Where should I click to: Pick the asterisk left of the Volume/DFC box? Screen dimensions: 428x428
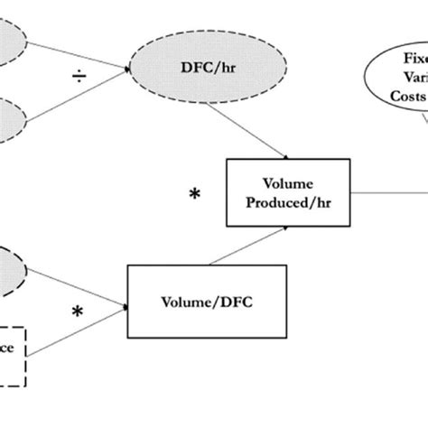tap(79, 312)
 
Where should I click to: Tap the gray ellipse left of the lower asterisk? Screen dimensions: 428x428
tap(11, 269)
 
